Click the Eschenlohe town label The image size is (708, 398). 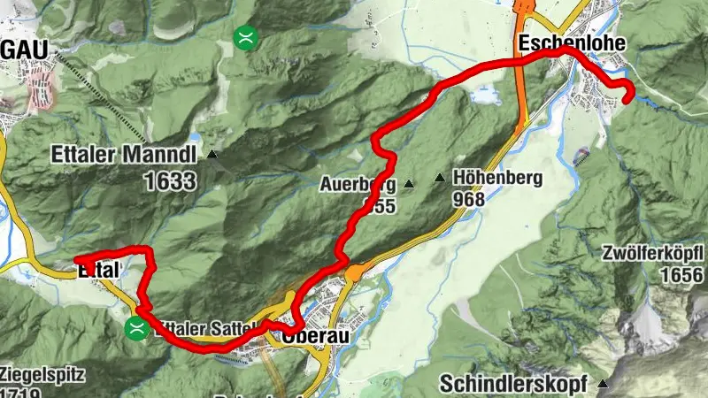573,43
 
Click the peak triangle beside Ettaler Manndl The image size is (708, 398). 212,155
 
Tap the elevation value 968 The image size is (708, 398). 468,200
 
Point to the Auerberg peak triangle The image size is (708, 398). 409,185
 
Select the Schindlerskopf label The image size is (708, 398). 516,385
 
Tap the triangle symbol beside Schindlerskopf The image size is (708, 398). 604,385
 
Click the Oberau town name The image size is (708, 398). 310,338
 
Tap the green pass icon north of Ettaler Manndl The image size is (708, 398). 245,37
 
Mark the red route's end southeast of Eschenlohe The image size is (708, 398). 627,100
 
